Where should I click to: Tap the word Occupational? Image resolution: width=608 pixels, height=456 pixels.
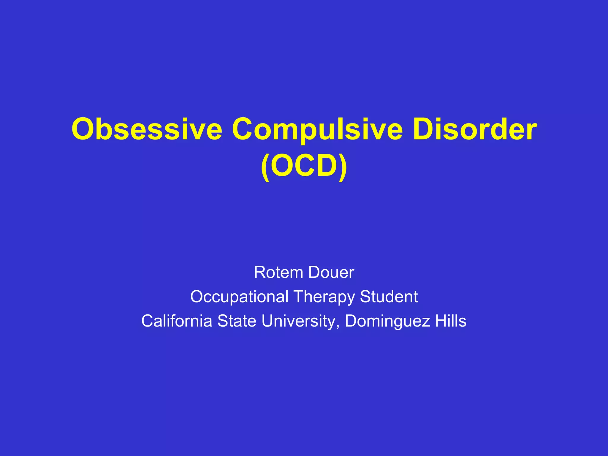[239, 297]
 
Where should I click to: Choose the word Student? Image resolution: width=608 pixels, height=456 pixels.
[389, 297]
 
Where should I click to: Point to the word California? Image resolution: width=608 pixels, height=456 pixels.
[177, 321]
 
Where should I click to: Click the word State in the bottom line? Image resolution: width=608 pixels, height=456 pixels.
[237, 321]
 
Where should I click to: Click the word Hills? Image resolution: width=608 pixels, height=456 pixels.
[451, 321]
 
